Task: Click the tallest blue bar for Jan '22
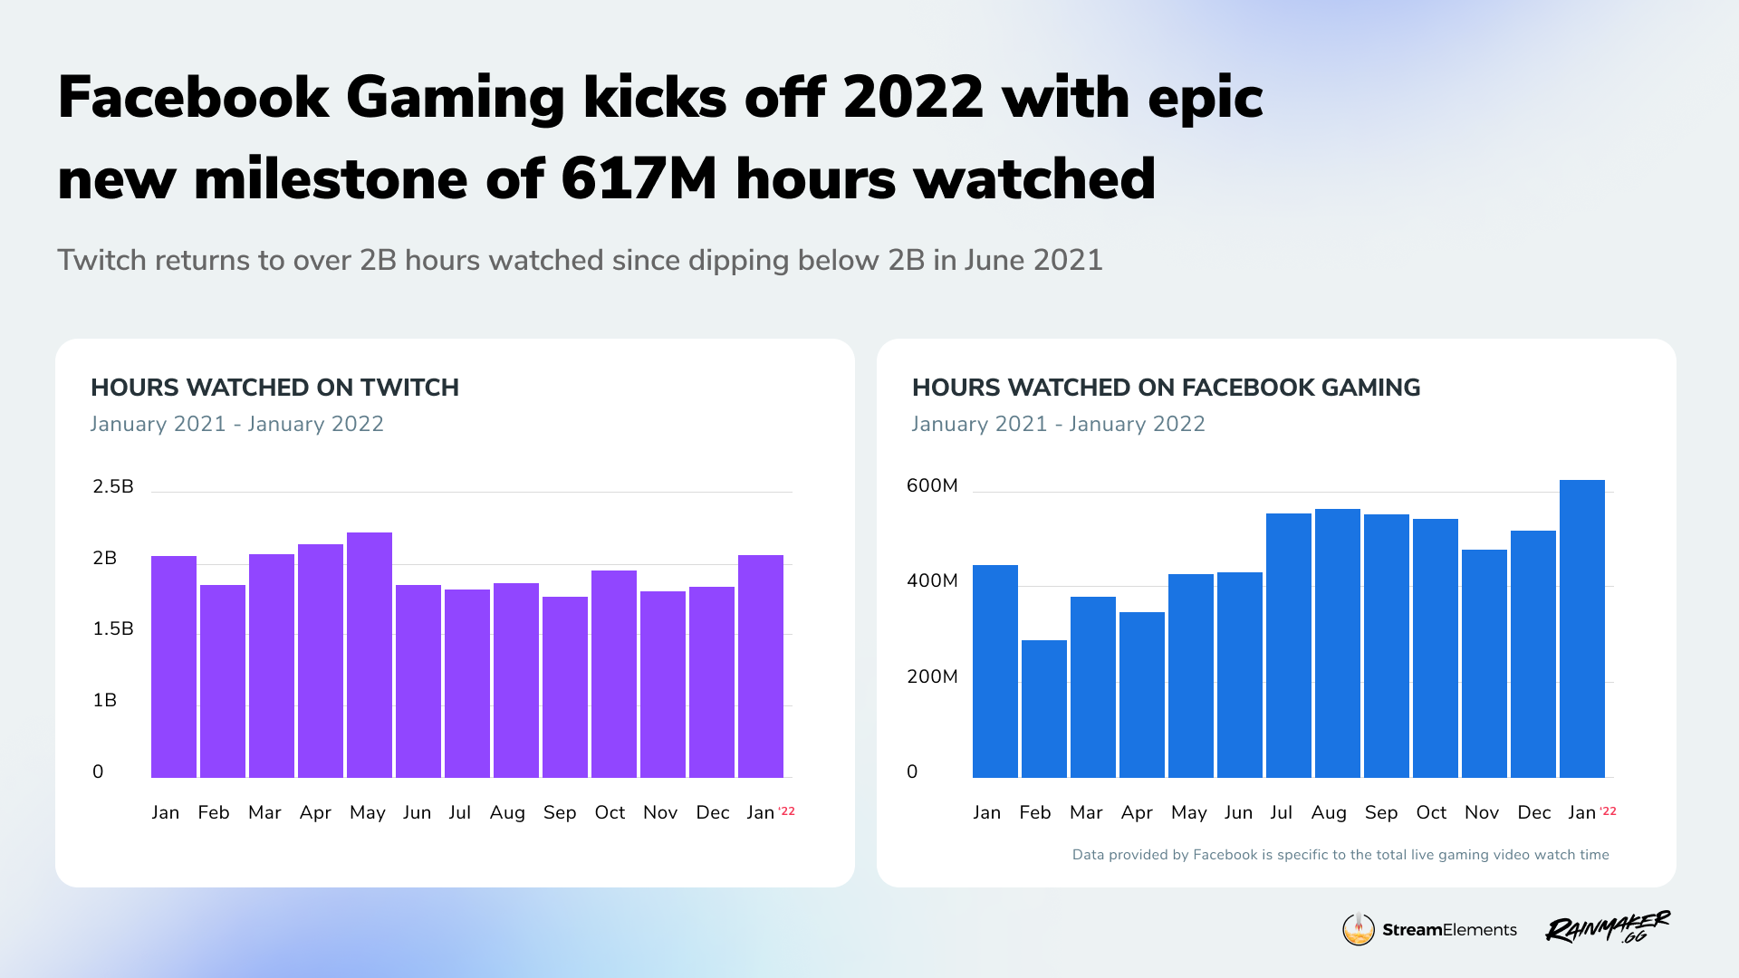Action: (1582, 628)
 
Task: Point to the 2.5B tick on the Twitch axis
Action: (113, 486)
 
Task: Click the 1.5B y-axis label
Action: (113, 628)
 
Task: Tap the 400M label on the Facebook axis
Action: (932, 580)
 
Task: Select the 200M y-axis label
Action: (932, 676)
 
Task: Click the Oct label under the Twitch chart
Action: (610, 812)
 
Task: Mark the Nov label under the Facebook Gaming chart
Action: (1482, 812)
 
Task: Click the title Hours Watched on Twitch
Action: (274, 388)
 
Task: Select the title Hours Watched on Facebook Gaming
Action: (1166, 388)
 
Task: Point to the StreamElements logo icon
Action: (1359, 929)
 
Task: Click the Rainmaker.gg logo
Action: (1608, 928)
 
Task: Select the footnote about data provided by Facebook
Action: (1340, 855)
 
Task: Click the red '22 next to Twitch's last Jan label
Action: (787, 810)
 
